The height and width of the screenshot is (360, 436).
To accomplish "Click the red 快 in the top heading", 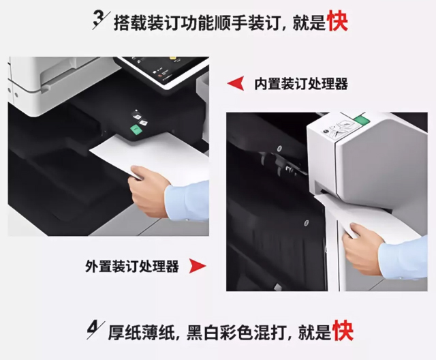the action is click(338, 21).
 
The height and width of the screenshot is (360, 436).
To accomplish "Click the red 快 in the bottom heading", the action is click(343, 331).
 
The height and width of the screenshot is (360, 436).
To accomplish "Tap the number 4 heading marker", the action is click(95, 330).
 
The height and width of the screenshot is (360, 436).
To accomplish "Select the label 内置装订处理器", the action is click(301, 84).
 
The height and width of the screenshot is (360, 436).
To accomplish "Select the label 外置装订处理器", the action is click(131, 266).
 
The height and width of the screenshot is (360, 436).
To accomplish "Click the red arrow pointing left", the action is click(236, 83).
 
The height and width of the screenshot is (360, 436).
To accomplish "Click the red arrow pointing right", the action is click(198, 266).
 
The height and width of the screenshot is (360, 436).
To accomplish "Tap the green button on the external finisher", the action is click(362, 120).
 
